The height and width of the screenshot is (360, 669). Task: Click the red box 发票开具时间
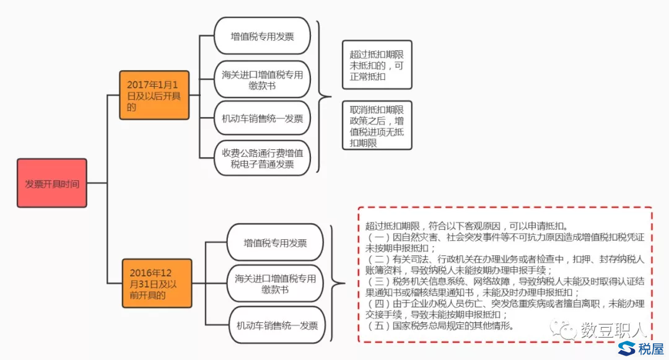52,184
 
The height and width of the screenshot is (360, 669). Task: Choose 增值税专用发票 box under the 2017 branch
262,36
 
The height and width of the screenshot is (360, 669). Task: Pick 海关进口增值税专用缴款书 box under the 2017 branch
262,79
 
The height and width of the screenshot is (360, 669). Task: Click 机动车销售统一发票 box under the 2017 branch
262,118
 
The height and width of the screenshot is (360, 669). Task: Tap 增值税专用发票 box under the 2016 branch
275,242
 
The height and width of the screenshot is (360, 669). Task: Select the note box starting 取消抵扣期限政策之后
377,126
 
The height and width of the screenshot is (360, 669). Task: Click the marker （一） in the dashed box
378,237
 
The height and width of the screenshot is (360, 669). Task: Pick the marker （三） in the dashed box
378,281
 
